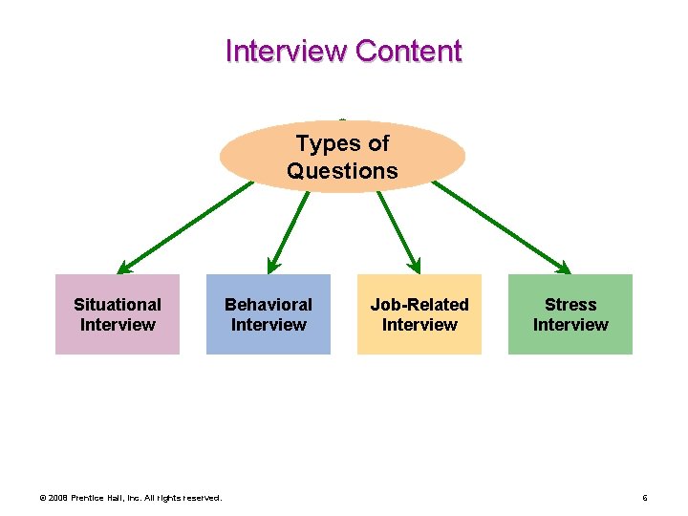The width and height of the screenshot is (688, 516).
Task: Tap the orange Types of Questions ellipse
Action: pyautogui.click(x=342, y=157)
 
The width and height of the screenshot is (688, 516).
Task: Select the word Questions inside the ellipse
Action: pyautogui.click(x=342, y=171)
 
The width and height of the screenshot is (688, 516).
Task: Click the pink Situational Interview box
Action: pyautogui.click(x=118, y=314)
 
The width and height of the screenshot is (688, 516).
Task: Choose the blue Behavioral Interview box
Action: pyautogui.click(x=269, y=314)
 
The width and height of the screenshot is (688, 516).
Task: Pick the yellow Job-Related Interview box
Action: pyautogui.click(x=419, y=314)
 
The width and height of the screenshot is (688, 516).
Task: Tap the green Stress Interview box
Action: pyautogui.click(x=570, y=314)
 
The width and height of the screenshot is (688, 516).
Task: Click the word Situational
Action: pyautogui.click(x=118, y=305)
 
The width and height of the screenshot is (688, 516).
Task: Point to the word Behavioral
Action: pyautogui.click(x=269, y=305)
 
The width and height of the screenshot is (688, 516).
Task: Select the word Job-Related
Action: pyautogui.click(x=419, y=305)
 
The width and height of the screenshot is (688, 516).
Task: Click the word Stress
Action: pyautogui.click(x=570, y=305)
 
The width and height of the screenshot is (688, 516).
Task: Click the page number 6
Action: pyautogui.click(x=645, y=498)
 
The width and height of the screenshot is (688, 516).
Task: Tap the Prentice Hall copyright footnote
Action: pyautogui.click(x=130, y=498)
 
